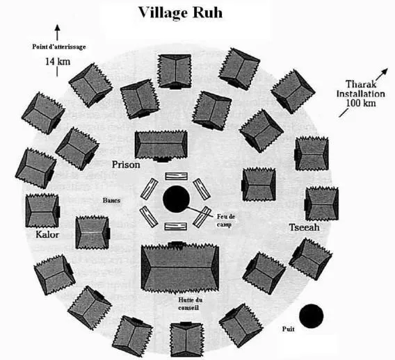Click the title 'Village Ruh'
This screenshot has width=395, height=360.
180,13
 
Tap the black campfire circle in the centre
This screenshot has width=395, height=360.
176,199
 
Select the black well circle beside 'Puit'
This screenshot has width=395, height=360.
311,316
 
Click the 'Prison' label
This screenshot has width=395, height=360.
126,165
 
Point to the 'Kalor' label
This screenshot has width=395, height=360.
47,235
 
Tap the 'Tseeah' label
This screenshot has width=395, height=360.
305,227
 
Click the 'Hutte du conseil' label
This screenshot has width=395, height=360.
190,304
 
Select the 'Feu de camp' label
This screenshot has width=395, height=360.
226,220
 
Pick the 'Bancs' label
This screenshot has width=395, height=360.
111,200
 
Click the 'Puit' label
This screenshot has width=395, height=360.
288,329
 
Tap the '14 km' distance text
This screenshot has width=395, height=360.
58,61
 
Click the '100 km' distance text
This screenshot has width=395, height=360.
361,103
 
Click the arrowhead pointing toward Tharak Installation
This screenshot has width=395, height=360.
385,72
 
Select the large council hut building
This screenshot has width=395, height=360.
180,268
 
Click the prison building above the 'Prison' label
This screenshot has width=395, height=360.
161,145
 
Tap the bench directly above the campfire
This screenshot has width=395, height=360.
177,176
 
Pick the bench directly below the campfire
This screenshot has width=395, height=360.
176,227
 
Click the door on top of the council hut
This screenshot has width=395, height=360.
179,243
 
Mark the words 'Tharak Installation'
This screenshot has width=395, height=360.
361,89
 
